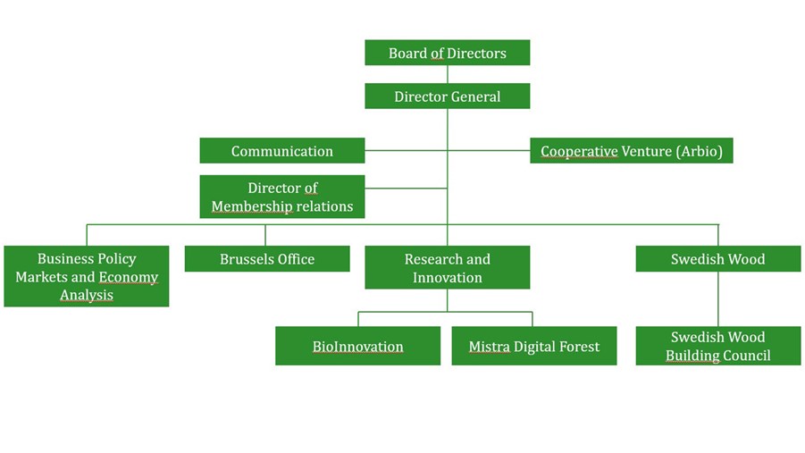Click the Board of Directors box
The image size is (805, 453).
[x=447, y=53]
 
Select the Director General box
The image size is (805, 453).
[x=447, y=96]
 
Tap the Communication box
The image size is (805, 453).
[x=281, y=151]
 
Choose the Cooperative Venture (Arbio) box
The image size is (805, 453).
[x=631, y=151]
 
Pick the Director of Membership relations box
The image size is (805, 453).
[x=281, y=197]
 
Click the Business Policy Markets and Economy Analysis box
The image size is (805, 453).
[x=86, y=276]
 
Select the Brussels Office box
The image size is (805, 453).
[x=266, y=259]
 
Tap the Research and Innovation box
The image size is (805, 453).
[x=447, y=268]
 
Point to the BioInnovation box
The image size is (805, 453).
[x=357, y=347]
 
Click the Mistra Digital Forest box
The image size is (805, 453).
[x=533, y=347]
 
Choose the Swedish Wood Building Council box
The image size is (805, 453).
[x=717, y=347]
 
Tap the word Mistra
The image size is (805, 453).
[x=489, y=347]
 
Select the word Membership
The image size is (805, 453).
[x=252, y=206]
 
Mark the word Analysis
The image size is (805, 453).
[x=86, y=295]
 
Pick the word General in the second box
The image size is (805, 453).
[x=474, y=96]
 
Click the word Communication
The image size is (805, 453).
[x=281, y=151]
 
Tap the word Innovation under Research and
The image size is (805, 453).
[x=447, y=278]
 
